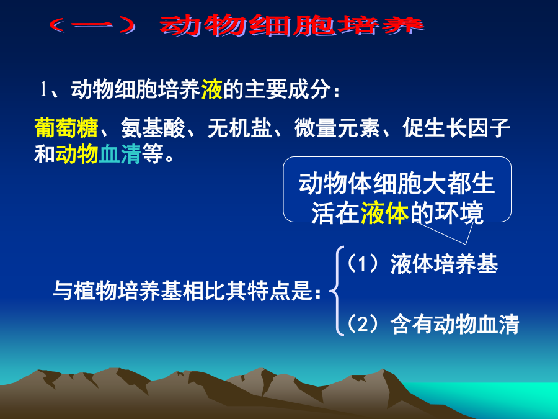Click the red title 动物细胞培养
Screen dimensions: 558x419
292,25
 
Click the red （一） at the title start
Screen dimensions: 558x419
92,25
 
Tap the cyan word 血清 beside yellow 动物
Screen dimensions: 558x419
120,154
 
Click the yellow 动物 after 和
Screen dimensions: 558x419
77,154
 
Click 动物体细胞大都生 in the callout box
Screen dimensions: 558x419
397,184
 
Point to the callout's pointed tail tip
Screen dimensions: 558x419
466,245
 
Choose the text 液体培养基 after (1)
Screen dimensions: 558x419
444,264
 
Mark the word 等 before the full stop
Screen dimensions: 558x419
153,154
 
